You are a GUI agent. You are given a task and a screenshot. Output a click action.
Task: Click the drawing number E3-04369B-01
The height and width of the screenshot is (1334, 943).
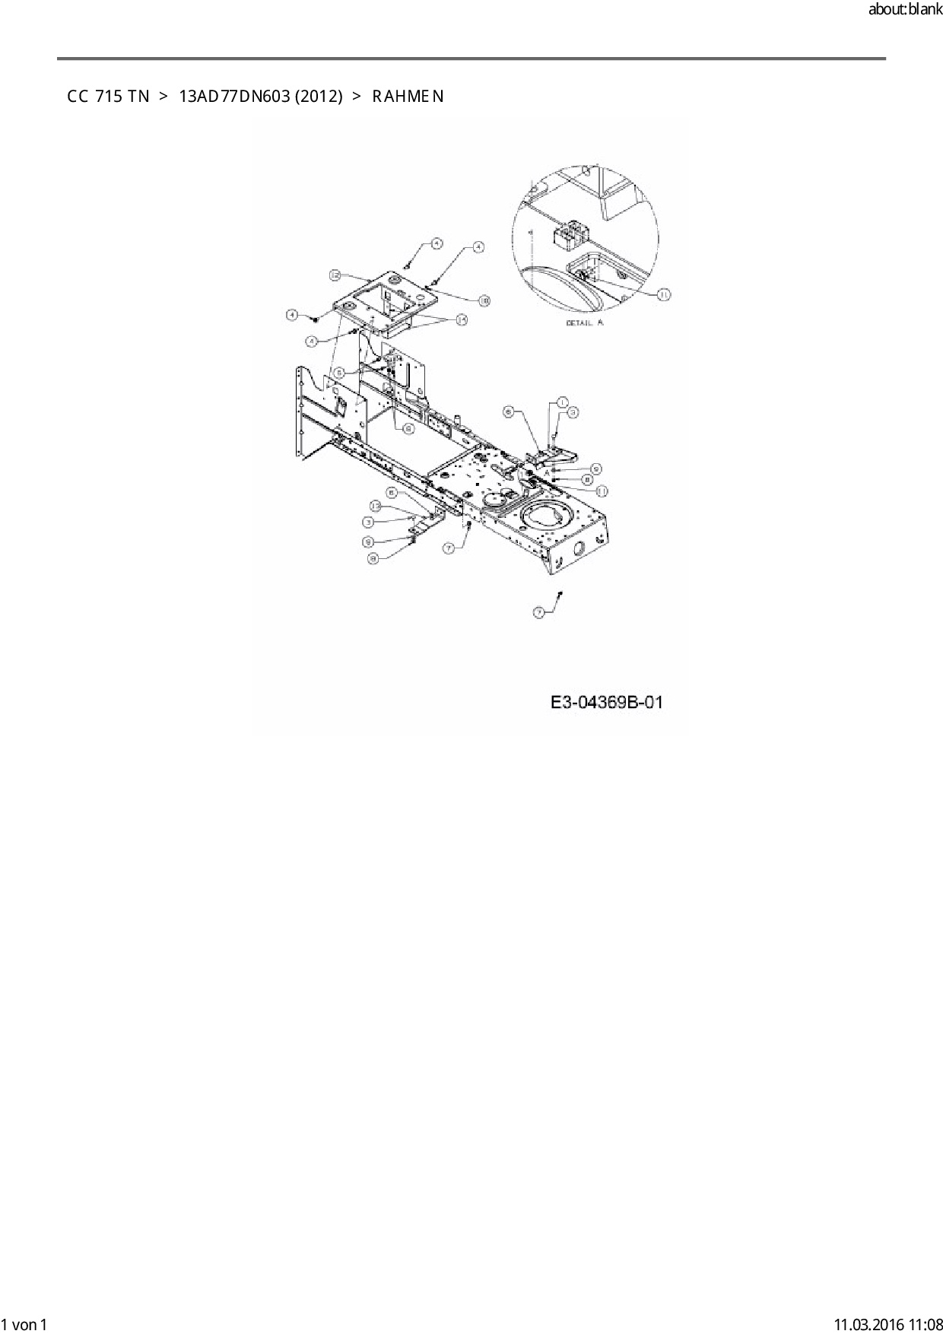coord(606,703)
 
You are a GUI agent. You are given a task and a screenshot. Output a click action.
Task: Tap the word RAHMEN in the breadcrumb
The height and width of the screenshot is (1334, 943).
coord(408,97)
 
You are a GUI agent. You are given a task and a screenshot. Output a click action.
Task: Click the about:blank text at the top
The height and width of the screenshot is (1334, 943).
coord(905,11)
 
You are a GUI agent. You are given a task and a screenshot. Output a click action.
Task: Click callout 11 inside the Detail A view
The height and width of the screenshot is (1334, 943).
coord(663,294)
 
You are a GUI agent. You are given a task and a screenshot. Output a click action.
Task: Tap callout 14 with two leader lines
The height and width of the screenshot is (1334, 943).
coord(461,320)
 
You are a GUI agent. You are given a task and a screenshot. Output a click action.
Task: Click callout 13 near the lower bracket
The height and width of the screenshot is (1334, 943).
coord(376,506)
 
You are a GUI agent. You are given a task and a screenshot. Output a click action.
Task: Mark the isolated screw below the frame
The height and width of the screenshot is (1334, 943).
coord(560,593)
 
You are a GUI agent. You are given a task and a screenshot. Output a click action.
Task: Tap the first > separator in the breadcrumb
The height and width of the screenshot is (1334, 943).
coord(164,97)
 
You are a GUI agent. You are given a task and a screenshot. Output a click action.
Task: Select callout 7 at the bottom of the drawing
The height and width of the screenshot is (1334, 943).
coord(539,611)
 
